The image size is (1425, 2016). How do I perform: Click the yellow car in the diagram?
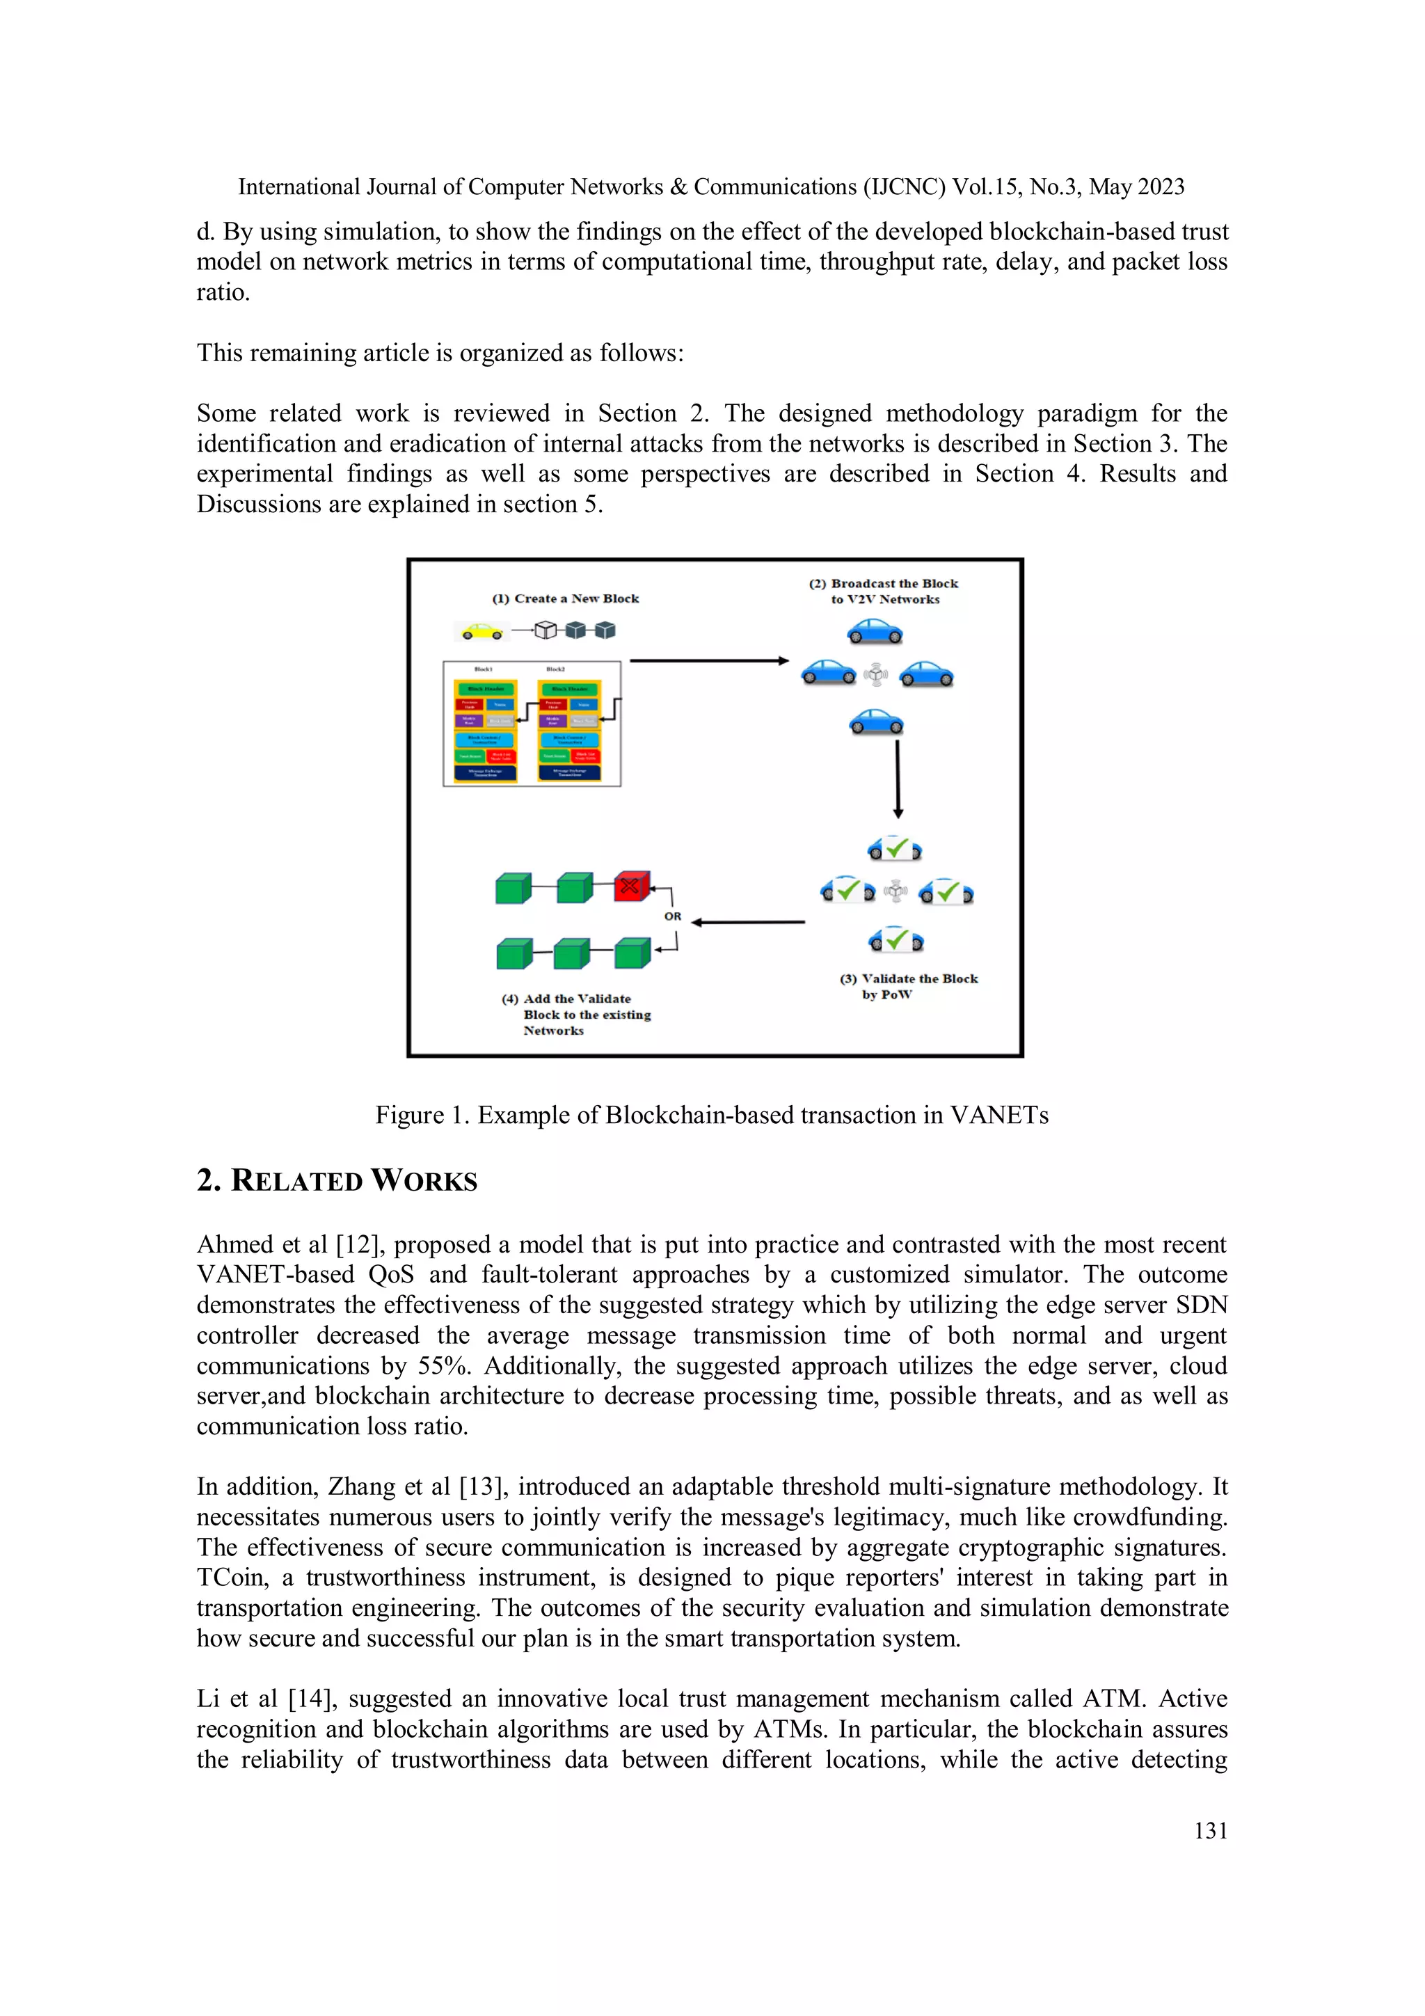click(x=482, y=631)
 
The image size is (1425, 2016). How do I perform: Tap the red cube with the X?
click(x=630, y=886)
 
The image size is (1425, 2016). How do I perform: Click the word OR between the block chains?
click(x=673, y=916)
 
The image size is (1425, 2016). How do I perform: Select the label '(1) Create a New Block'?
click(x=566, y=599)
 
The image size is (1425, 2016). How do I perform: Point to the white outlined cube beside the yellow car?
click(x=546, y=630)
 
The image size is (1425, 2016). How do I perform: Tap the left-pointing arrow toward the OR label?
click(x=747, y=922)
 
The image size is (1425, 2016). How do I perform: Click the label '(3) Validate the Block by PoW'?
click(x=908, y=986)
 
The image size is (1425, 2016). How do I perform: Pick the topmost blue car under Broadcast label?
click(x=875, y=631)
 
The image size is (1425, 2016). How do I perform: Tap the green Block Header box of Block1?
click(x=486, y=689)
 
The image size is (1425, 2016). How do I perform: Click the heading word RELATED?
click(x=297, y=1181)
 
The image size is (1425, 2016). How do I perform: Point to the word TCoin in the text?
click(x=231, y=1578)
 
